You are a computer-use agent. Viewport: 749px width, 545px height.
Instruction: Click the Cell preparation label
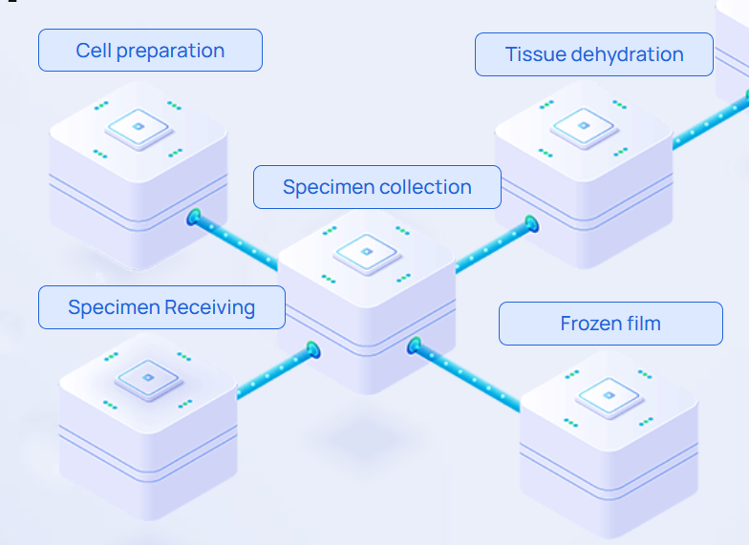[150, 51]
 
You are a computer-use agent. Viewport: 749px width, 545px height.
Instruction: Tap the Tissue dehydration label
[594, 54]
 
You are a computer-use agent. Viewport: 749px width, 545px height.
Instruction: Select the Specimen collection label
[376, 187]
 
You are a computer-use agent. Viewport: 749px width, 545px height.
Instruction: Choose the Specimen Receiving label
[161, 307]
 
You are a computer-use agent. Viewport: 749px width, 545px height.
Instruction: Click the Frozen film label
[610, 324]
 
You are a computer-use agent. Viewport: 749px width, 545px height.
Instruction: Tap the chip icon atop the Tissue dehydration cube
[583, 126]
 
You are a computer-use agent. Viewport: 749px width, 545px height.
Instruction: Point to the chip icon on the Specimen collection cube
[364, 252]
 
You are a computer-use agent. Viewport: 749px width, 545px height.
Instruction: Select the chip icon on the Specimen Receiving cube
[149, 379]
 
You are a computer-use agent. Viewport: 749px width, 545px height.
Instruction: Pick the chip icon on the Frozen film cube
[609, 394]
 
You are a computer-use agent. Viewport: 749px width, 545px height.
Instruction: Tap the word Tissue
[535, 54]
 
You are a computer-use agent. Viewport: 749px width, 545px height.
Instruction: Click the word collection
[423, 187]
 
